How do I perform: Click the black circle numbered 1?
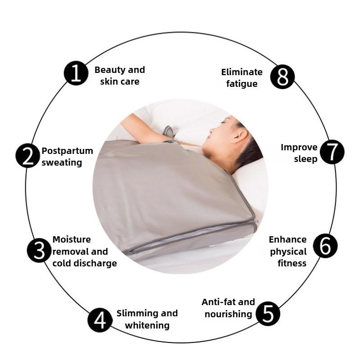(76, 73)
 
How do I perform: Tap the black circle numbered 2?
(28, 156)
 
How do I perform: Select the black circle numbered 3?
(39, 251)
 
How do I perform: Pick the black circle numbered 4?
(100, 320)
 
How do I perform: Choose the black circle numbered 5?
(268, 314)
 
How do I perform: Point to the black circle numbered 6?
(325, 246)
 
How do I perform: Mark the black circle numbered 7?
(332, 152)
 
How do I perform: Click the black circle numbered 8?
(282, 77)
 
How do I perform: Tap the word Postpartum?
(67, 151)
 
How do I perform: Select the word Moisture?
(72, 239)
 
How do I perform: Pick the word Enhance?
(288, 239)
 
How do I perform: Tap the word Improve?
(299, 147)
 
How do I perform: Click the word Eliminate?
(242, 72)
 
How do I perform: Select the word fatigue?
(242, 84)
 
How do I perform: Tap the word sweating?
(62, 162)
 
